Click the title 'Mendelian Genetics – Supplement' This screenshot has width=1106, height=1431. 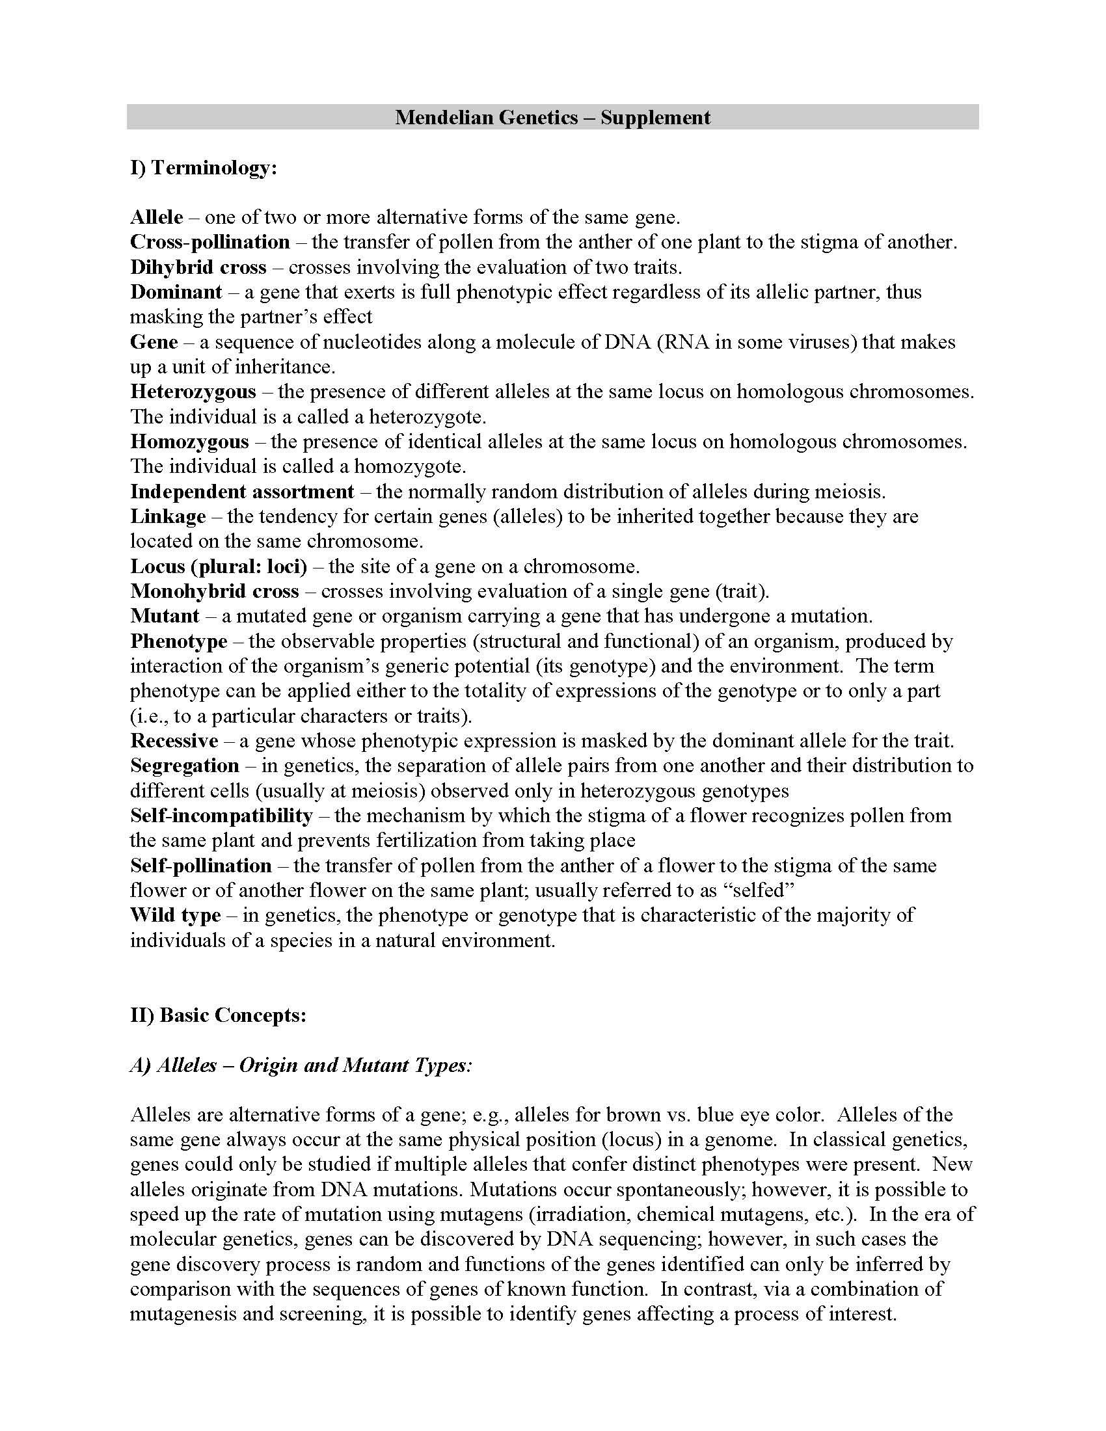pyautogui.click(x=552, y=117)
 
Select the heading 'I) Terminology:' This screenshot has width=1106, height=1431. pyautogui.click(x=204, y=168)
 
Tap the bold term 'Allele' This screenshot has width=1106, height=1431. pyautogui.click(x=157, y=217)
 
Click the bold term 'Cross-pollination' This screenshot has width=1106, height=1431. pyautogui.click(x=209, y=242)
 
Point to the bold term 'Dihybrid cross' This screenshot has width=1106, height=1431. pyautogui.click(x=198, y=267)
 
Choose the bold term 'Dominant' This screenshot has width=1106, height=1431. pyautogui.click(x=176, y=291)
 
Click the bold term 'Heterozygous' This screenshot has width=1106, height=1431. pyautogui.click(x=193, y=392)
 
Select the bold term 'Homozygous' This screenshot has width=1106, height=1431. pyautogui.click(x=189, y=442)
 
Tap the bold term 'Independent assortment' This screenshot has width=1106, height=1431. pyautogui.click(x=242, y=491)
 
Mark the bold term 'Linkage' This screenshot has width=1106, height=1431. pyautogui.click(x=168, y=516)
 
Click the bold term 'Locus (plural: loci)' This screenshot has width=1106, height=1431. pyautogui.click(x=218, y=566)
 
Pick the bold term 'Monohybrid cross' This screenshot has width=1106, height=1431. pyautogui.click(x=214, y=591)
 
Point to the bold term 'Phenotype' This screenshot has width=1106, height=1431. pyautogui.click(x=179, y=641)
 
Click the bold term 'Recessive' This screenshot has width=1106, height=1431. pyautogui.click(x=174, y=741)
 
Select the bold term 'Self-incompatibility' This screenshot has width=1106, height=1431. pyautogui.click(x=221, y=816)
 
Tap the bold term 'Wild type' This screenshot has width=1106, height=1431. pyautogui.click(x=175, y=915)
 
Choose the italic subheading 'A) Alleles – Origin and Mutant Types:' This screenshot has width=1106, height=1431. pyautogui.click(x=301, y=1065)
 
